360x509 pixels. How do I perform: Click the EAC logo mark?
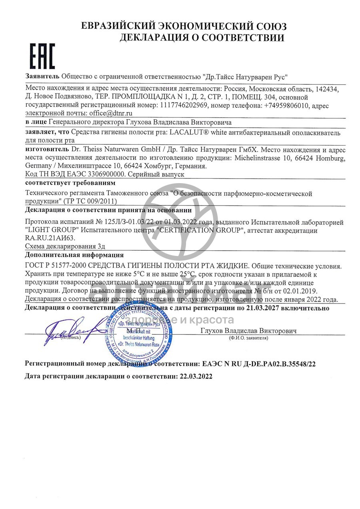pyautogui.click(x=43, y=56)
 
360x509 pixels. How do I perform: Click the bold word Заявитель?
pyautogui.click(x=42, y=76)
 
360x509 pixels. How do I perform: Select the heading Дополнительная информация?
pyautogui.click(x=74, y=255)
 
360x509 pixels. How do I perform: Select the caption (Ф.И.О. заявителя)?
pyautogui.click(x=248, y=338)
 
